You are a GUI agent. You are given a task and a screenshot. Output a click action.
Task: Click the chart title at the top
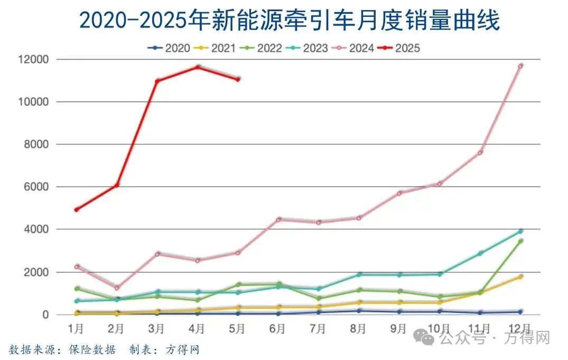point(290,22)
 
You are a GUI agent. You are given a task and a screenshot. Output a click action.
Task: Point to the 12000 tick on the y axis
point(35,59)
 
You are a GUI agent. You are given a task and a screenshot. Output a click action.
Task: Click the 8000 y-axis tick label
point(37,144)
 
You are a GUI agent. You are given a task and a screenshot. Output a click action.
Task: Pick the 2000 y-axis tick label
point(37,272)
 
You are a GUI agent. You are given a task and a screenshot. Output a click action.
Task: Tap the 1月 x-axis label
point(76,328)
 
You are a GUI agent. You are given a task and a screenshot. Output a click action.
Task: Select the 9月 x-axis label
point(399,328)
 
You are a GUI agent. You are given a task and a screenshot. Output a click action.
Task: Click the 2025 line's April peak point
point(198,67)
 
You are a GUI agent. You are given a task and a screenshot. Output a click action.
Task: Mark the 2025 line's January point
point(77,210)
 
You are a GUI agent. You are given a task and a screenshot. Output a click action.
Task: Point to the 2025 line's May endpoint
point(238,79)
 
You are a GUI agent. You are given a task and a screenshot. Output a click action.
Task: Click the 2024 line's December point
point(520,66)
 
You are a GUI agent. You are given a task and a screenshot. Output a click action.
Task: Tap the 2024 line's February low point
point(117,288)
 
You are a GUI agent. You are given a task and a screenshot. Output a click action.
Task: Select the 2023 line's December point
point(520,231)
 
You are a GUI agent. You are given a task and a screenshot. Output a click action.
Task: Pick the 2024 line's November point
point(480,153)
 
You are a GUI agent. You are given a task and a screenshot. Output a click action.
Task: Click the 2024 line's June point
point(278,219)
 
